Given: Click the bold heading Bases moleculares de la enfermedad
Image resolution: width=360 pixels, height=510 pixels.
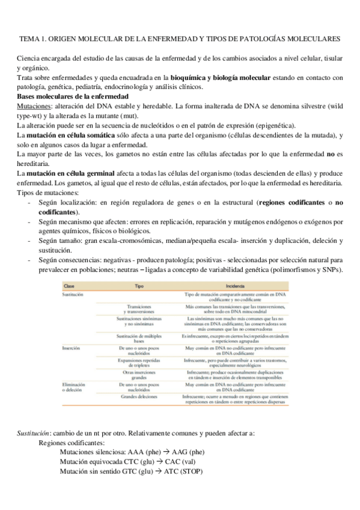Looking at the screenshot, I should pos(72,96).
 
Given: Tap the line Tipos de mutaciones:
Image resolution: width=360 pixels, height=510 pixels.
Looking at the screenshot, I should pos(48,192).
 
